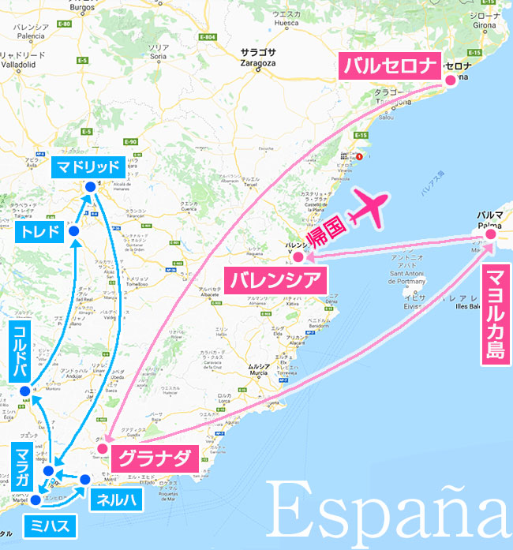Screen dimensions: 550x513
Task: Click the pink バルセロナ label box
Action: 388,65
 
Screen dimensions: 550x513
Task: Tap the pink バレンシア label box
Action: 275,279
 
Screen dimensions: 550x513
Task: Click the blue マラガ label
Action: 21,467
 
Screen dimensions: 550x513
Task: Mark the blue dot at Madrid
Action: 90,186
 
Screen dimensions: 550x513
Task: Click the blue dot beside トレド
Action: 73,231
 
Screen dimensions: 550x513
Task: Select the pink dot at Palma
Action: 490,234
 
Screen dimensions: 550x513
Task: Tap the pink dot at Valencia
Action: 298,256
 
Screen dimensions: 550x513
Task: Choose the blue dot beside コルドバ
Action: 25,391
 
